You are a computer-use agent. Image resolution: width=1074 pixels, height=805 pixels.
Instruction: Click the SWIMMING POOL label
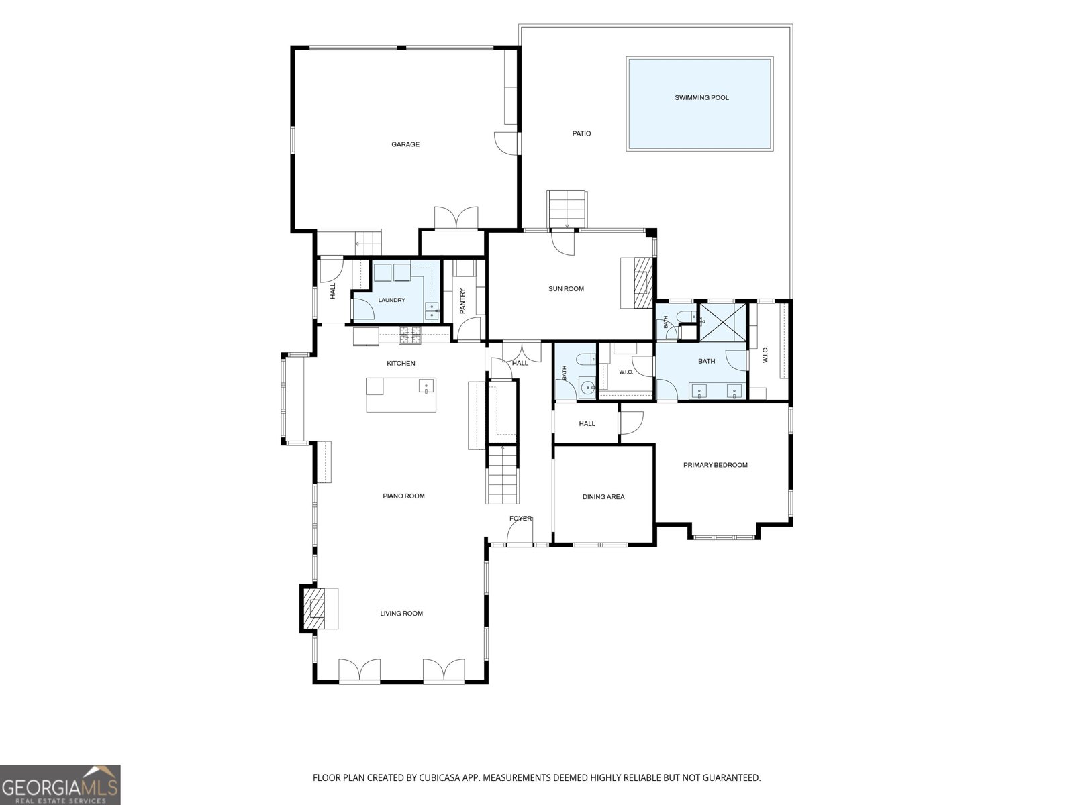click(701, 98)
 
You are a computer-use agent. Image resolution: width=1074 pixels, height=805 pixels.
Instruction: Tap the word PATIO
click(581, 133)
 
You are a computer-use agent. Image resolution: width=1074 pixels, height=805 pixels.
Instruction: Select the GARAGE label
click(405, 144)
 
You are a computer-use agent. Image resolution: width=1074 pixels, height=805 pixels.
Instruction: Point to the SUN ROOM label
click(566, 289)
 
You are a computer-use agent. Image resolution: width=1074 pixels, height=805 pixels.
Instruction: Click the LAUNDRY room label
click(391, 300)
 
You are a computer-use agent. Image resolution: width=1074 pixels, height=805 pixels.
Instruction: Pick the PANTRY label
click(462, 301)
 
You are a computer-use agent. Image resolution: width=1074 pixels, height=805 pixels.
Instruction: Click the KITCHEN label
click(401, 363)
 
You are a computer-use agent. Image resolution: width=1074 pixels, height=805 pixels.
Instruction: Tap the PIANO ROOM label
click(403, 496)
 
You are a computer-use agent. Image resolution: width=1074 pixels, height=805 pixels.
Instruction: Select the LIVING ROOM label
click(401, 613)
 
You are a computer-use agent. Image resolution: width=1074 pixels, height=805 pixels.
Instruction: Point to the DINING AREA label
click(603, 496)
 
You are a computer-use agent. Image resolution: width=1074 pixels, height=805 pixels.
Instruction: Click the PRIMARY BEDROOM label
click(716, 465)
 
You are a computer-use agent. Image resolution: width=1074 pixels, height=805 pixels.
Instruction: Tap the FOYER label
click(520, 518)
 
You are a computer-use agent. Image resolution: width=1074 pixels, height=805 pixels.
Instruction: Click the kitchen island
click(401, 395)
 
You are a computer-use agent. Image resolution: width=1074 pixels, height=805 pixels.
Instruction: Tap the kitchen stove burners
click(409, 335)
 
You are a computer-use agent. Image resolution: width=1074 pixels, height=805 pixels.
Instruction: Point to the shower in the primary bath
click(723, 322)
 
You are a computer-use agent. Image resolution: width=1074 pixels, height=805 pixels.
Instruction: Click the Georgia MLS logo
click(60, 785)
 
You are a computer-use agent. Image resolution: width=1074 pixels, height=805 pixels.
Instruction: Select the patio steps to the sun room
click(567, 209)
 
